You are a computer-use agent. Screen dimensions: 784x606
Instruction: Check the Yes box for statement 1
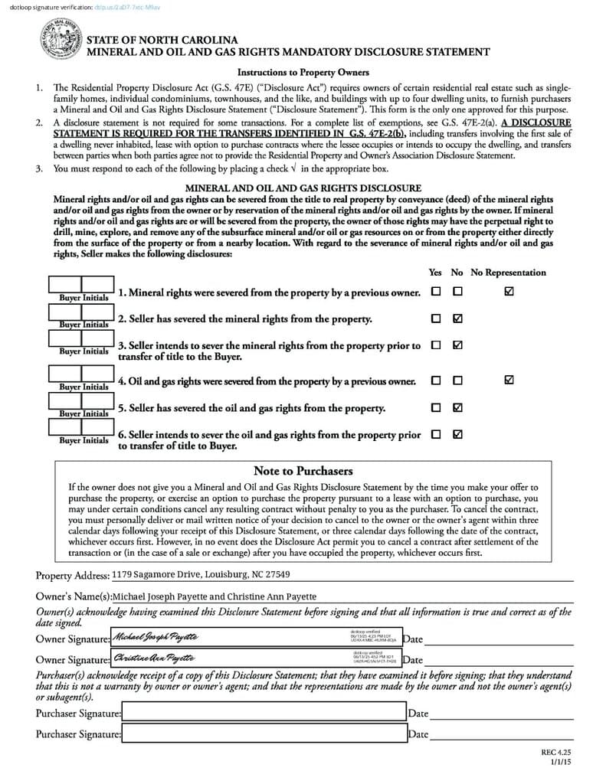[436, 292]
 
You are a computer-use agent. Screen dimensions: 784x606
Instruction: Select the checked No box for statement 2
[457, 318]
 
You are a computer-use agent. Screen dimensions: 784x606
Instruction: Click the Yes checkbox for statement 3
[436, 345]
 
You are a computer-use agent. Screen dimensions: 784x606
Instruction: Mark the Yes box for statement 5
[436, 407]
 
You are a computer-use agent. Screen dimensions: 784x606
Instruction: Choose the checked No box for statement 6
[457, 434]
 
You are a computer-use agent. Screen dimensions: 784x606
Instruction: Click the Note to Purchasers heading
[303, 471]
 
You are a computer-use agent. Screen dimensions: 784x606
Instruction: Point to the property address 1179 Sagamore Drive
[201, 574]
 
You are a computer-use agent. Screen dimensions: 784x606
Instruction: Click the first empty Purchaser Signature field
[264, 713]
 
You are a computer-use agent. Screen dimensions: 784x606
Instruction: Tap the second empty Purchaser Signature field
[264, 733]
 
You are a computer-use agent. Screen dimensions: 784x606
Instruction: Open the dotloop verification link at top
[127, 7]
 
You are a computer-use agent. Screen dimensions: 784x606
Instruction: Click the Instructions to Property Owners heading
[303, 73]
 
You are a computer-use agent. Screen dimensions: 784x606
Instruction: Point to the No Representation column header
[508, 273]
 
